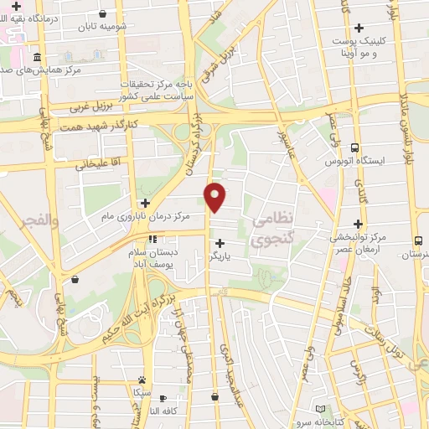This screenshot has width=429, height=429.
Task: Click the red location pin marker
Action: tap(216, 198)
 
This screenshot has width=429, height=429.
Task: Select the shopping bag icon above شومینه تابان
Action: tap(102, 13)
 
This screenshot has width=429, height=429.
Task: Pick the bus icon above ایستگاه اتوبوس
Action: tap(355, 145)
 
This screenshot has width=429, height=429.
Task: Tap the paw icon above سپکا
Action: tap(142, 380)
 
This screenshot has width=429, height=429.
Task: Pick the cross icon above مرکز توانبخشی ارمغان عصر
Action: tap(359, 224)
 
